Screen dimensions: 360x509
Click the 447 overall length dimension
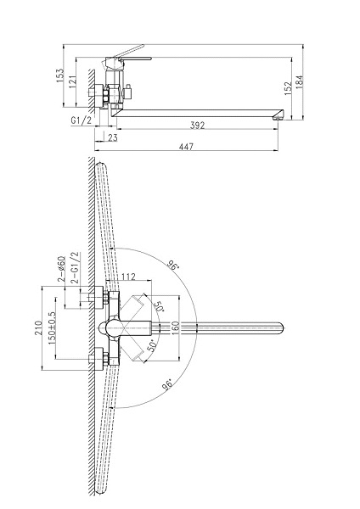[186, 147]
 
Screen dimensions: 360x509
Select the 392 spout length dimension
[198, 126]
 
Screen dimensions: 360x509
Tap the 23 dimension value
[112, 138]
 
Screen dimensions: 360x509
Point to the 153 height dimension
[60, 76]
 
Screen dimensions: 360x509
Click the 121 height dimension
[73, 81]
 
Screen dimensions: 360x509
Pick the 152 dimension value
[288, 88]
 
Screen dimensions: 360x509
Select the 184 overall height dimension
[299, 81]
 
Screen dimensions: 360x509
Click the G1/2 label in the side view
[82, 120]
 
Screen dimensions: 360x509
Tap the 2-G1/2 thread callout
[75, 268]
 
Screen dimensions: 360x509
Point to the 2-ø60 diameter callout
[61, 269]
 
